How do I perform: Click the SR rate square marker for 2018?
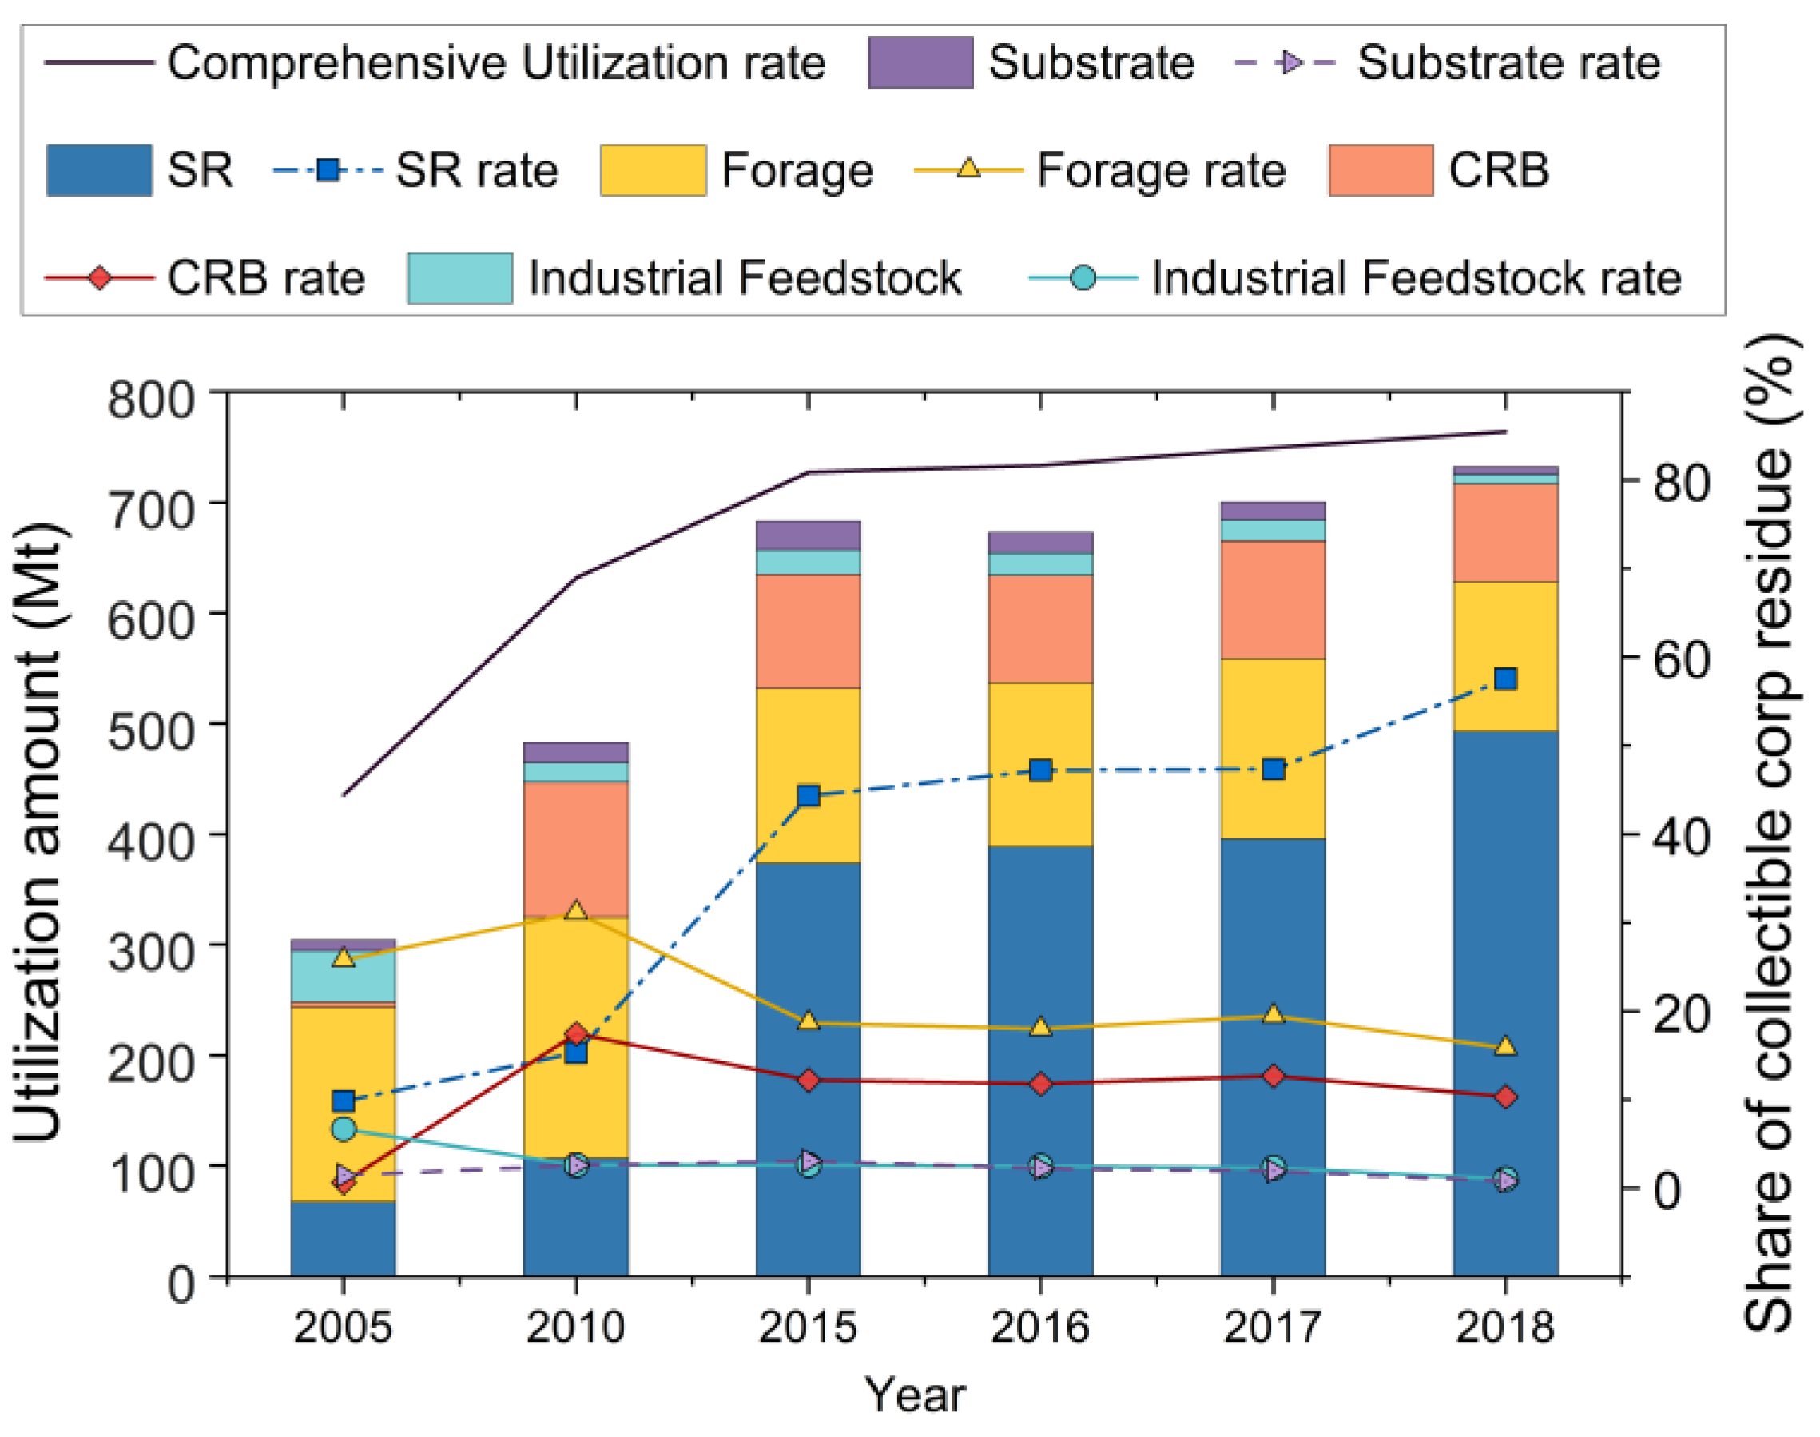click(1505, 679)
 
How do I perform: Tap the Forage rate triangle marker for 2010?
click(576, 911)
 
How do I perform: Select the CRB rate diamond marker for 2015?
click(809, 1081)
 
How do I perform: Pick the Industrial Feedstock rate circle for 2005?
click(343, 1129)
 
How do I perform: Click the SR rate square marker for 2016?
click(1040, 770)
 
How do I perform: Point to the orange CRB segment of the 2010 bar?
click(576, 848)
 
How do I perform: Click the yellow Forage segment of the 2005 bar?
click(343, 1103)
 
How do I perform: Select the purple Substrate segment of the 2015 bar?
click(809, 535)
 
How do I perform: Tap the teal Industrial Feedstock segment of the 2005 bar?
click(343, 977)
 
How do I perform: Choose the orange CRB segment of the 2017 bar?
click(1274, 599)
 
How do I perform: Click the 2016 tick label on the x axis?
click(1040, 1328)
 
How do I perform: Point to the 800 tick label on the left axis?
click(162, 399)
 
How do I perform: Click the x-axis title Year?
click(915, 1396)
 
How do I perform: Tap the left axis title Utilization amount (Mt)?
click(38, 833)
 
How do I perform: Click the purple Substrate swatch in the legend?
click(920, 62)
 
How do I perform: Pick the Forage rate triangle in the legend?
click(969, 169)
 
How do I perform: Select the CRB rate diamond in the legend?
click(99, 277)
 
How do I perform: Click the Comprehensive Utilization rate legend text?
click(496, 62)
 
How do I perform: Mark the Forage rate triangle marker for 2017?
click(1274, 1015)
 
